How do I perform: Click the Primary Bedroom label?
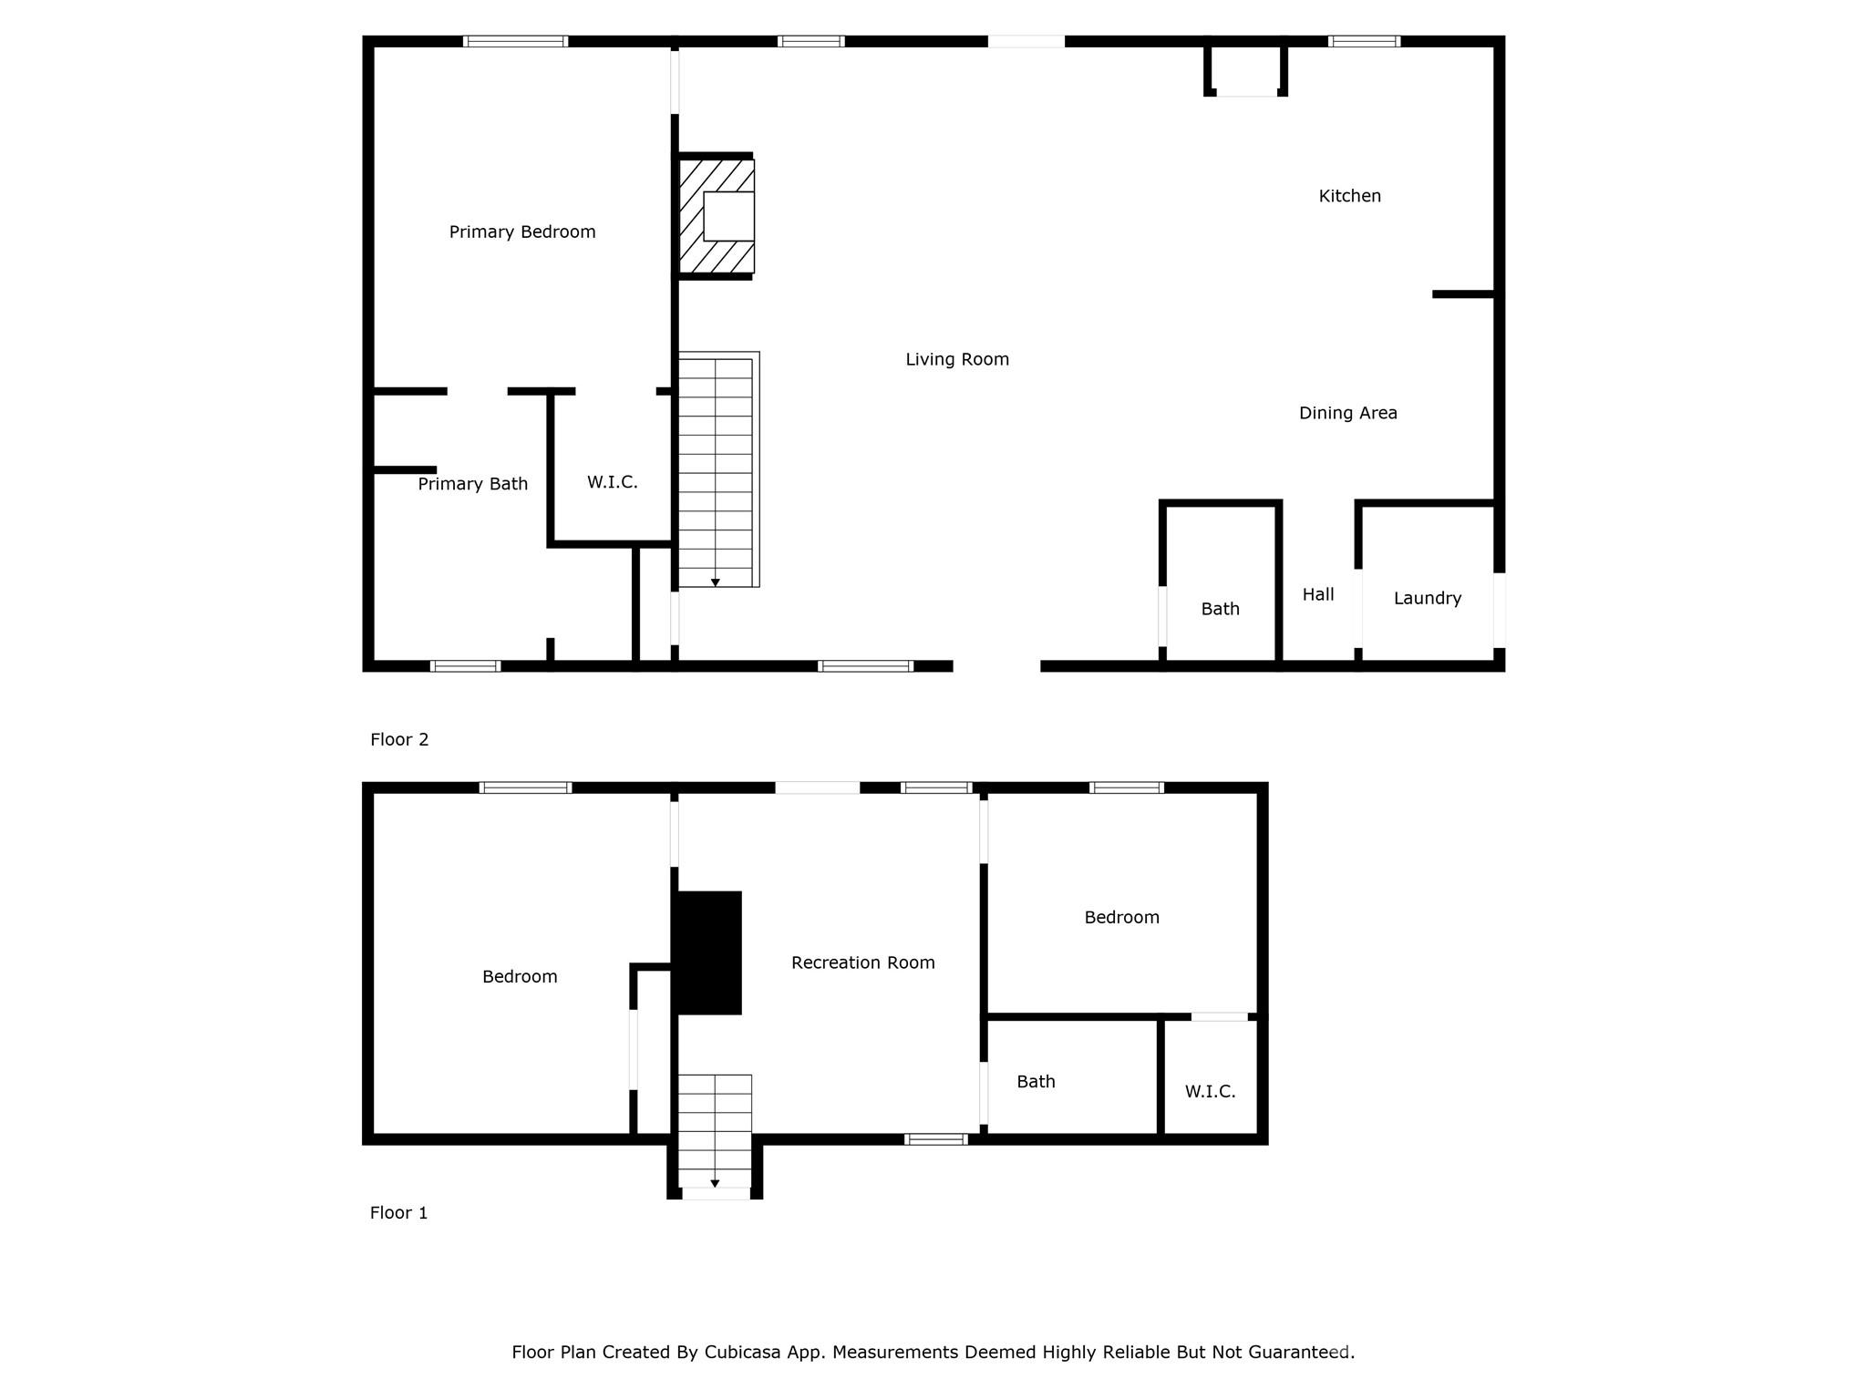(522, 232)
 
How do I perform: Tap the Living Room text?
(957, 360)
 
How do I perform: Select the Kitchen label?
(1349, 196)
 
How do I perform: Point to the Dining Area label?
(1347, 413)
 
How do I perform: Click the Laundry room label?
(1427, 599)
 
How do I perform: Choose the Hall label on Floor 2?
(1317, 595)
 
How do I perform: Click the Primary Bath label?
(472, 484)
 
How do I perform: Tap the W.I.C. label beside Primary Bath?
(612, 482)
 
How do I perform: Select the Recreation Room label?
(862, 962)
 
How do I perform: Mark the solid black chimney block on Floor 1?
(707, 952)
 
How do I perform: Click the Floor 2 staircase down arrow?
(716, 582)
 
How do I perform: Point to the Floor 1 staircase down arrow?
(715, 1183)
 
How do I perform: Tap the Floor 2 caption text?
(399, 739)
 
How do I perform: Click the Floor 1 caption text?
(398, 1212)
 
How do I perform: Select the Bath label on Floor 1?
(1036, 1082)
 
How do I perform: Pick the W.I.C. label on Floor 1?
(1210, 1091)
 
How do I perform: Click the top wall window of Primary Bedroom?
(515, 41)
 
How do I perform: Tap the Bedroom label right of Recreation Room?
(1121, 918)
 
